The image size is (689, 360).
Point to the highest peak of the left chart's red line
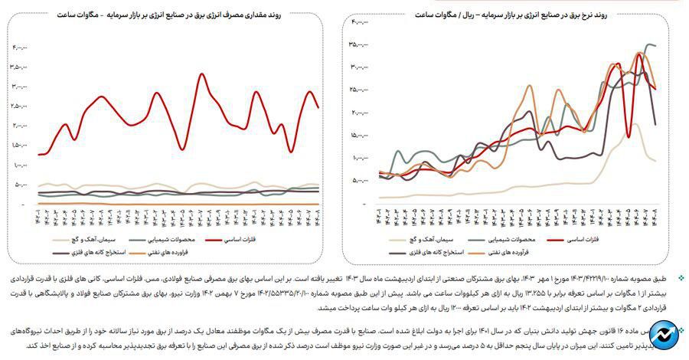(201, 74)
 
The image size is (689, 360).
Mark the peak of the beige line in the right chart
(635, 124)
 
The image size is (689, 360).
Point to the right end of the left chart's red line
(318, 107)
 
